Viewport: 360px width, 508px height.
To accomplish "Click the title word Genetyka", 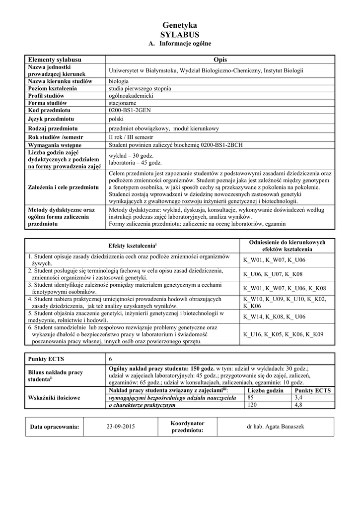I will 180,25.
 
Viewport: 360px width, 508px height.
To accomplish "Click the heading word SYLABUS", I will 180,34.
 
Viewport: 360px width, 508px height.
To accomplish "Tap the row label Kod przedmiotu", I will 49,110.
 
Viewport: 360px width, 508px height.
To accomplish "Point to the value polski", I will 116,119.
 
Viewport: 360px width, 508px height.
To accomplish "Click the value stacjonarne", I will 123,103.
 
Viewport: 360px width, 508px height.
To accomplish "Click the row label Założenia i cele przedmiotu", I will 63,188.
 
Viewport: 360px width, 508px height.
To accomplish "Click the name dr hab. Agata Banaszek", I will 275,426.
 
